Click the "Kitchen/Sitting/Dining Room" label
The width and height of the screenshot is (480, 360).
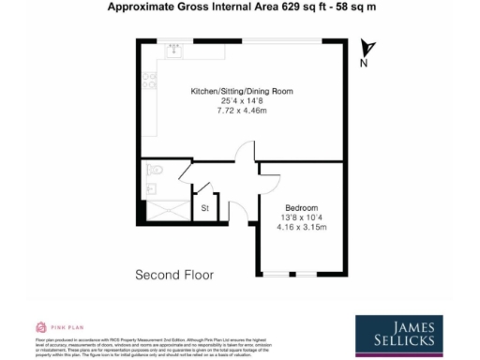click(242, 90)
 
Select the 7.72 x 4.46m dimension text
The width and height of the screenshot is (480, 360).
click(242, 111)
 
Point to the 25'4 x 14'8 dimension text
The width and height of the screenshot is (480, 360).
click(242, 100)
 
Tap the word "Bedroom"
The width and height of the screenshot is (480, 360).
click(301, 207)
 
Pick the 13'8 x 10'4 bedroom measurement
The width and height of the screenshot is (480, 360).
click(301, 217)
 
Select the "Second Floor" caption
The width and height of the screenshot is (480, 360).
click(174, 275)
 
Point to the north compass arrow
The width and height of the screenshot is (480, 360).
click(369, 50)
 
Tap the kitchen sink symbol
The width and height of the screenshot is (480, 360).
click(175, 52)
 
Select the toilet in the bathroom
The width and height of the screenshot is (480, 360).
click(156, 171)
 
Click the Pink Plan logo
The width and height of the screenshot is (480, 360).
click(52, 327)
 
